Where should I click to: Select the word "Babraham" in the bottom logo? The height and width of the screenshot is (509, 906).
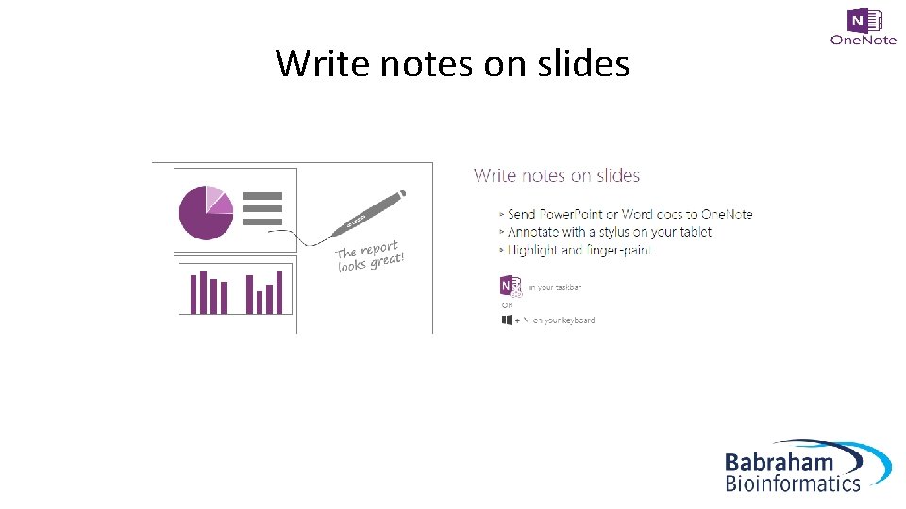[x=780, y=462]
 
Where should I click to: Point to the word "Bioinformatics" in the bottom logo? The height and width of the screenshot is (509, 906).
[x=793, y=484]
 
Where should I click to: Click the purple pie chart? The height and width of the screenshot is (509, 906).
[x=206, y=212]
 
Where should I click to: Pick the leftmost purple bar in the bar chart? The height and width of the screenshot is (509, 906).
[x=193, y=294]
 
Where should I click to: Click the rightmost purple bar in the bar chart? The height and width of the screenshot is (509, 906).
[x=279, y=292]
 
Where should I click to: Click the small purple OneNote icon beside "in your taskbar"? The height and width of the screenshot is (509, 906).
[x=511, y=286]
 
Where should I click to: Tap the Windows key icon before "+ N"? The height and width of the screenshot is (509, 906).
[x=507, y=320]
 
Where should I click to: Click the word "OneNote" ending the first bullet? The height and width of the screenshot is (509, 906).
[x=727, y=214]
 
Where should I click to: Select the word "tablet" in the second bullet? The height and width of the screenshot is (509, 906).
[x=695, y=232]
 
